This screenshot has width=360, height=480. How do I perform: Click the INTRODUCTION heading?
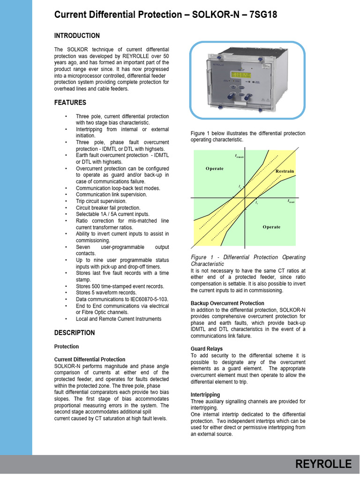(77, 36)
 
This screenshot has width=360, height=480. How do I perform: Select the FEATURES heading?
(70, 102)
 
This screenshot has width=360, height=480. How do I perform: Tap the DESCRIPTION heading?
(75, 333)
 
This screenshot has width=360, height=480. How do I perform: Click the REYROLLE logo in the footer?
(323, 464)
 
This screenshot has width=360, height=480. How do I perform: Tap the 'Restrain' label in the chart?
(285, 171)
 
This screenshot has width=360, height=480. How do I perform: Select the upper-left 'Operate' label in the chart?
(214, 168)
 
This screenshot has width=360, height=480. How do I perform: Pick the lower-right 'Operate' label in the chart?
(271, 227)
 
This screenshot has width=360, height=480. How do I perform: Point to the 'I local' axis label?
(291, 201)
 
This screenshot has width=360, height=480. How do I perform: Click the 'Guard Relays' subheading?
(207, 349)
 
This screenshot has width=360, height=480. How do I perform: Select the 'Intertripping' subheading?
(205, 395)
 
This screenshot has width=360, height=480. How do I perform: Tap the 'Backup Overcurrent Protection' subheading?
(227, 303)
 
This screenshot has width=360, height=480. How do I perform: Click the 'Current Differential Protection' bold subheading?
(90, 360)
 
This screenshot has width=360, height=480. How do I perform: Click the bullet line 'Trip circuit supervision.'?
(101, 201)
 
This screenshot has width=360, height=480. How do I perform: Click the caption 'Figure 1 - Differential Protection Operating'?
(248, 257)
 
